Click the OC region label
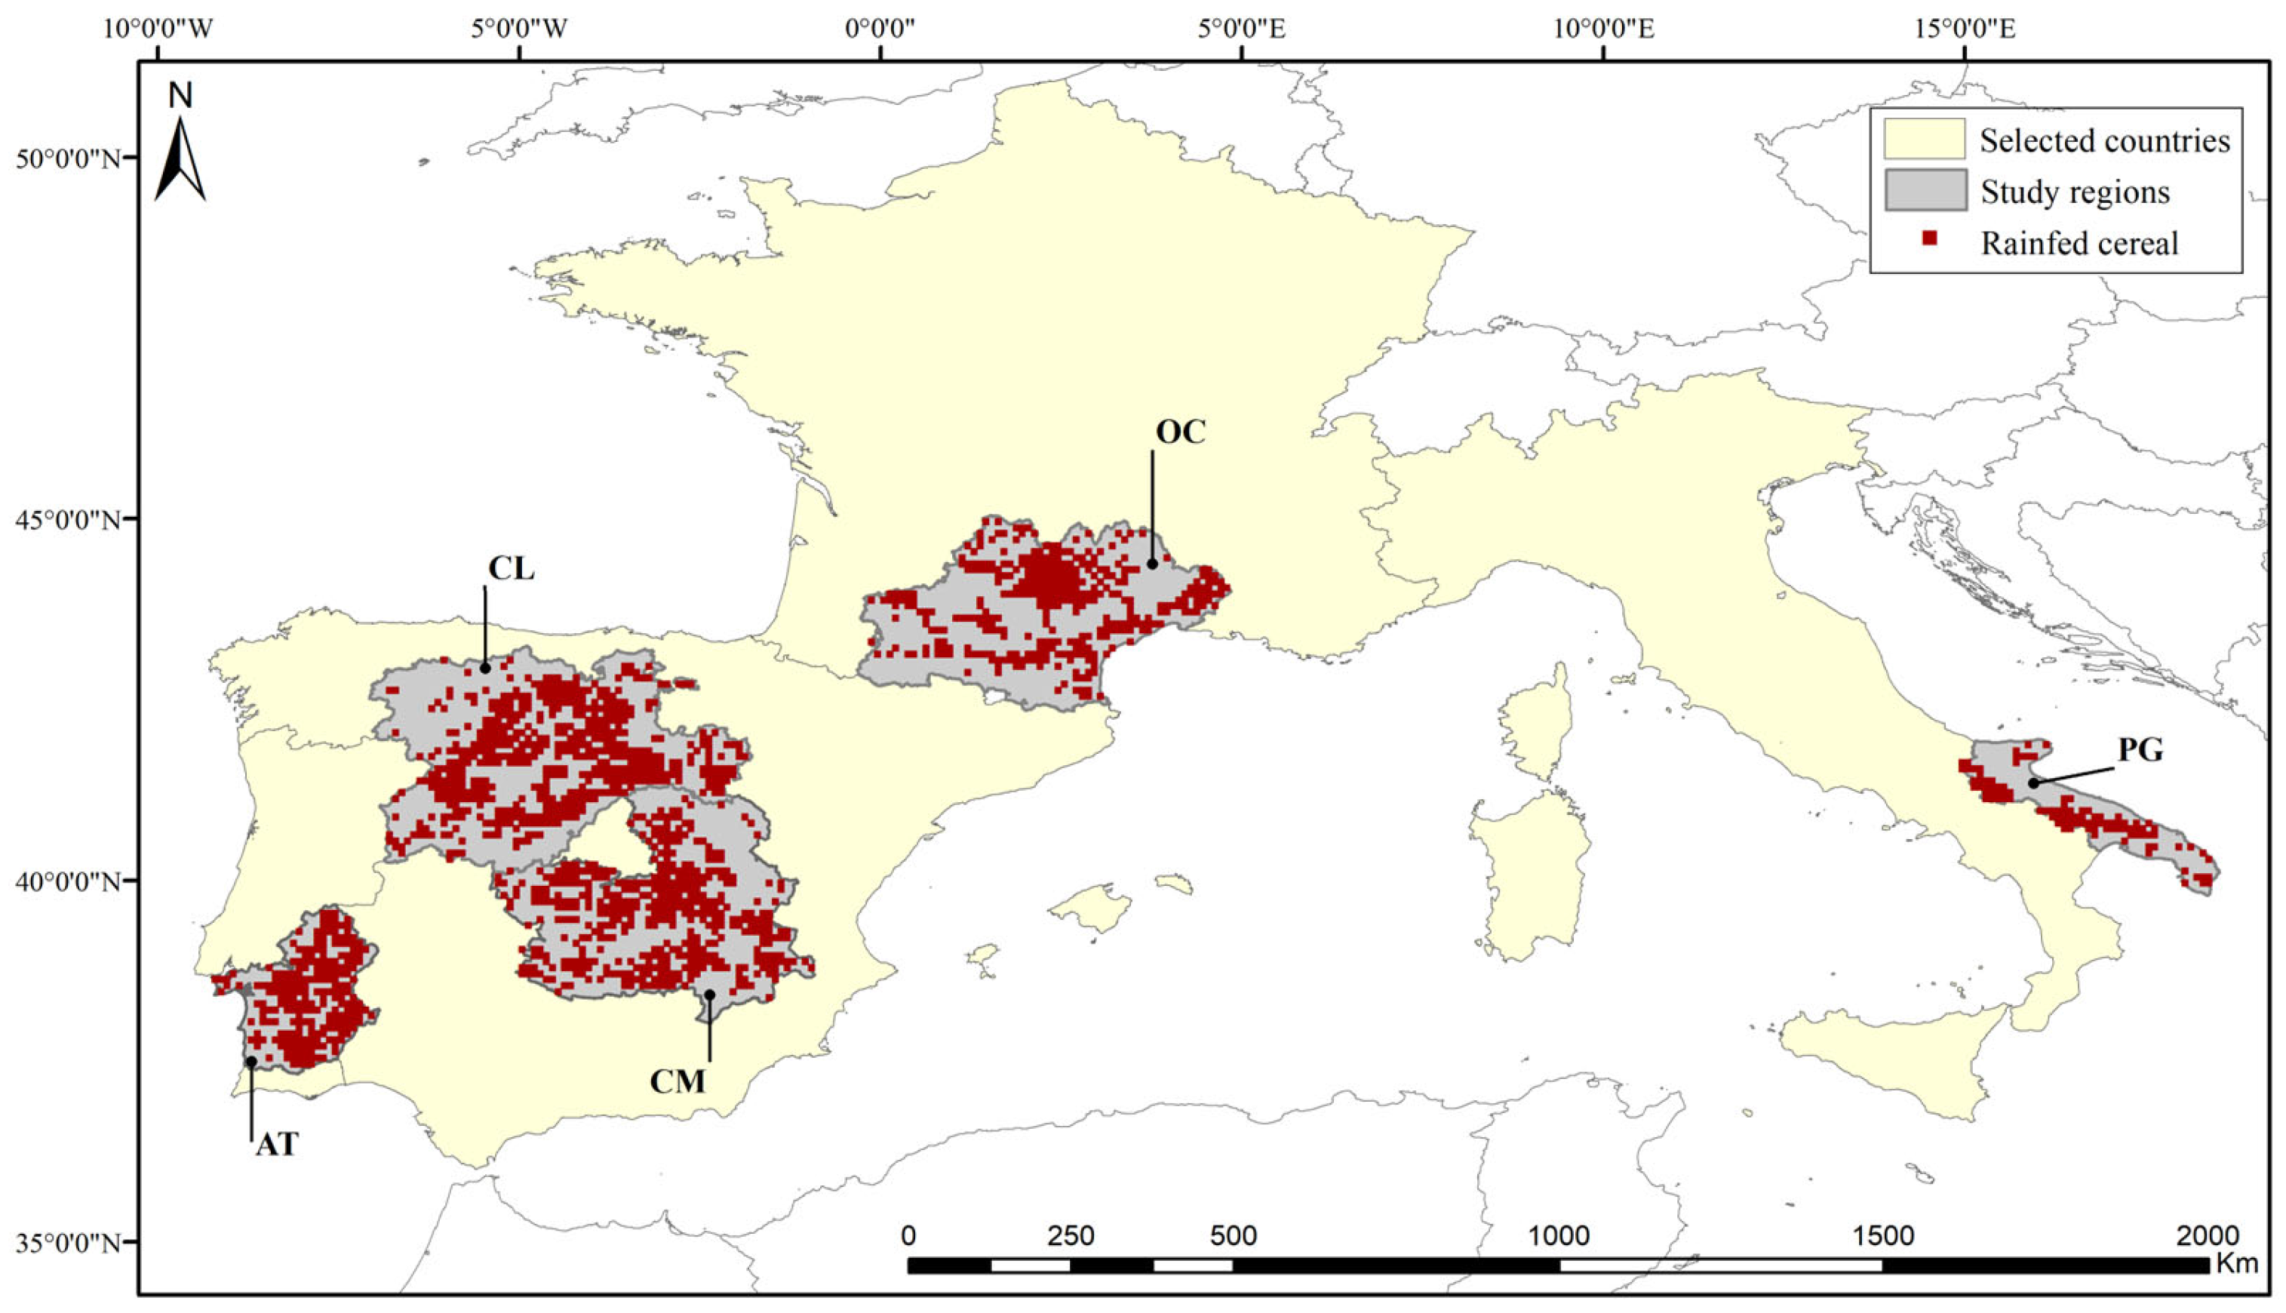click(x=1180, y=433)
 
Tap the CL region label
click(x=511, y=568)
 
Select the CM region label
click(x=678, y=1081)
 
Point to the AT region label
click(x=277, y=1145)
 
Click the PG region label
click(x=2140, y=750)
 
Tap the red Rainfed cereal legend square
click(x=1930, y=239)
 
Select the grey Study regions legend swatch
click(x=1925, y=190)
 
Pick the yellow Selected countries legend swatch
click(x=1925, y=139)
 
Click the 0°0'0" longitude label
click(x=880, y=29)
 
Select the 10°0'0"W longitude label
click(x=158, y=29)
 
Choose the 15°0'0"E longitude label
click(x=1965, y=29)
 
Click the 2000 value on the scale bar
click(x=2206, y=1235)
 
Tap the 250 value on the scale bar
click(x=1072, y=1235)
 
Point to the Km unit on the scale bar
click(x=2236, y=1263)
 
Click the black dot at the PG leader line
click(x=2035, y=783)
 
